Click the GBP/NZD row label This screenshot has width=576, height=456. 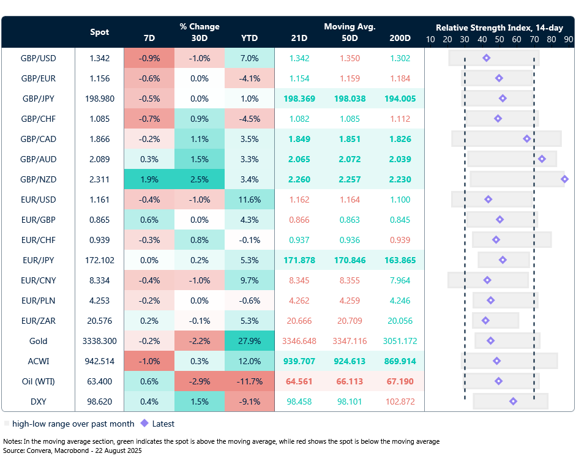point(38,179)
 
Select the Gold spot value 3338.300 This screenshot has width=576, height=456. point(99,341)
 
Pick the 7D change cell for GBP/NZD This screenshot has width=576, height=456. point(149,179)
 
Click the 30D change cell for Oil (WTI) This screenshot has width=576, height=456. point(200,381)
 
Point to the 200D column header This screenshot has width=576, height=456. point(400,38)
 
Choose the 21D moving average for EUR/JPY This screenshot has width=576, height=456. point(299,260)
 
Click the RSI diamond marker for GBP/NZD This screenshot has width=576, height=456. point(564,179)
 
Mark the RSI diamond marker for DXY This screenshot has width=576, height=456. point(513,402)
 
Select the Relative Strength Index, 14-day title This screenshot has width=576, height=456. point(499,28)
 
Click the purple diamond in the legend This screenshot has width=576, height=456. point(144,424)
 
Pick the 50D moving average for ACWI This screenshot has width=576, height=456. point(350,361)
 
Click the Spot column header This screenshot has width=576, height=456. point(100,32)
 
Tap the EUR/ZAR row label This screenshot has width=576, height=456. point(38,321)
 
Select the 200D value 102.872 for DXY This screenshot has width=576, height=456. point(400,402)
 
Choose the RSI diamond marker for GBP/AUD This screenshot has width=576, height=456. point(542,159)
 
